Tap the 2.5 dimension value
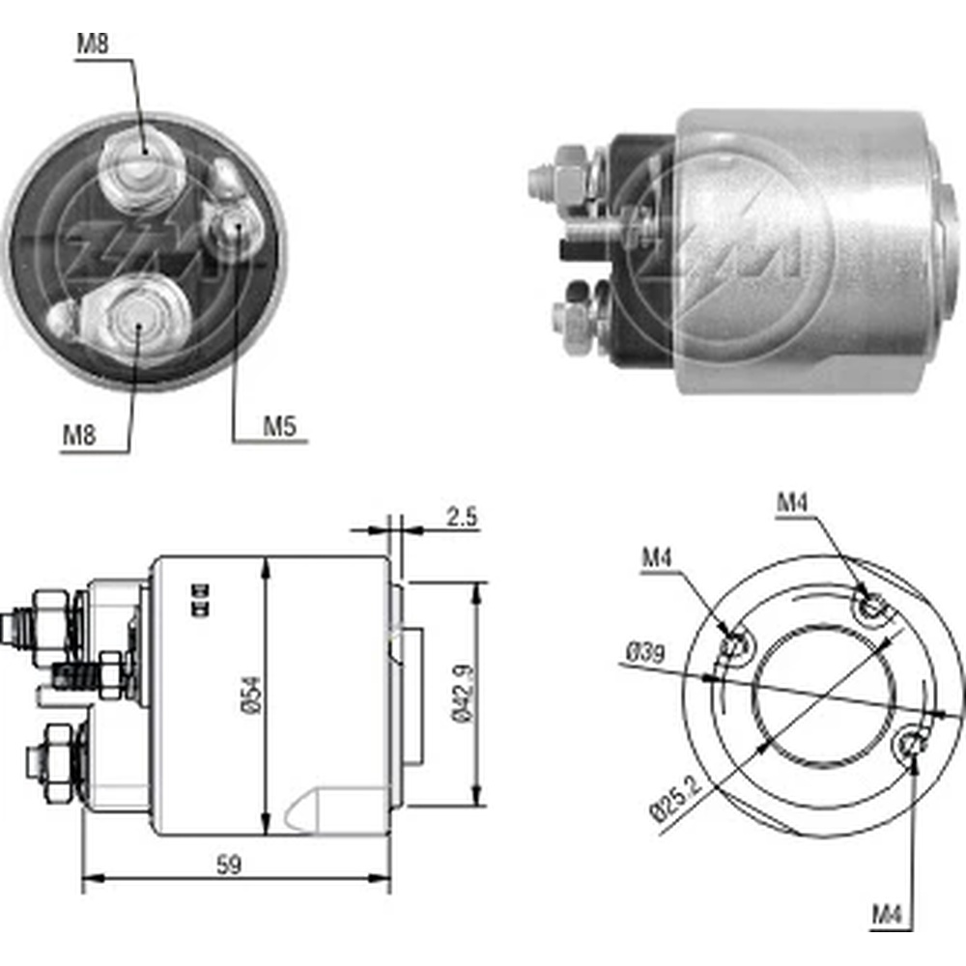[x=462, y=516]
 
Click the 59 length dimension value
[x=230, y=865]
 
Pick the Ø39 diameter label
[x=643, y=654]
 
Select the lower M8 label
[x=80, y=435]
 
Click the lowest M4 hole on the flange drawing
[x=912, y=745]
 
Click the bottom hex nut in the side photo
[x=572, y=322]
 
